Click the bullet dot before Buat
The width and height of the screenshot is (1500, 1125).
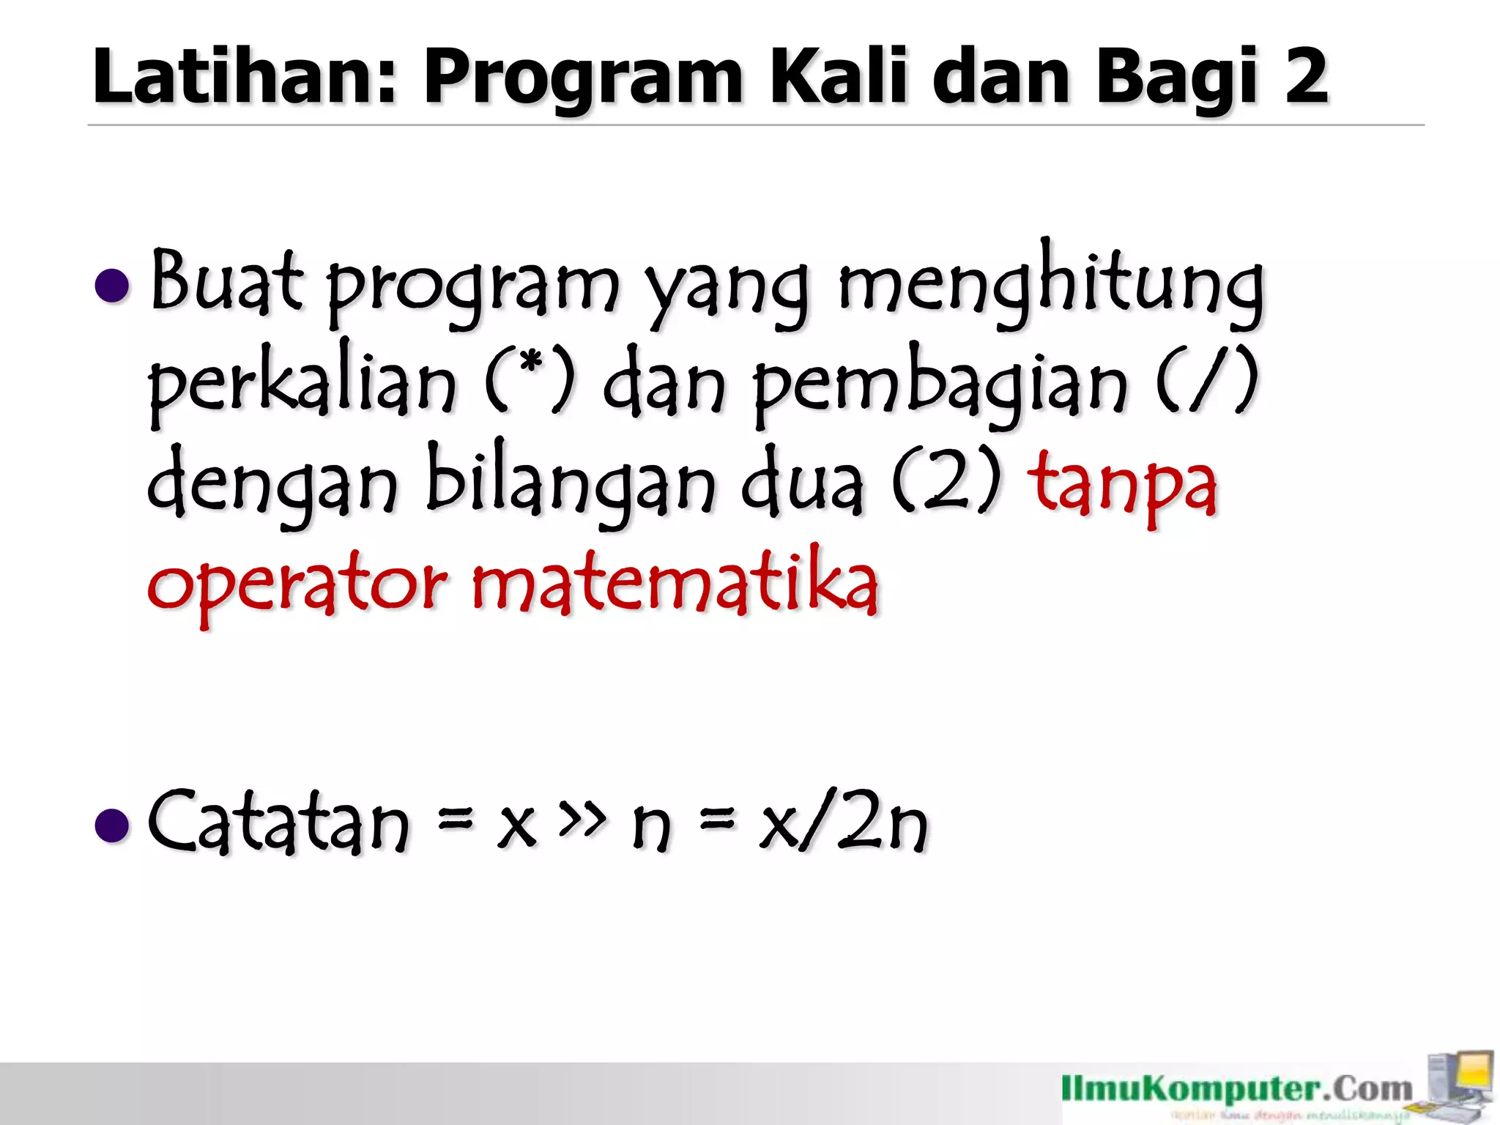coord(113,285)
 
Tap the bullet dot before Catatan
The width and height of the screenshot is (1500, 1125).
coord(113,825)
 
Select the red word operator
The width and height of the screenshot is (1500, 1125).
coord(297,585)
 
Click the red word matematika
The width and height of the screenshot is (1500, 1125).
coord(674,582)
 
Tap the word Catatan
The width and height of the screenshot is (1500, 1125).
coord(278,823)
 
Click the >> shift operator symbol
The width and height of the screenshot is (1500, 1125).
coord(582,817)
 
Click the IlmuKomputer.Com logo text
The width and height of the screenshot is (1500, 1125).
coord(1237,1090)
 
